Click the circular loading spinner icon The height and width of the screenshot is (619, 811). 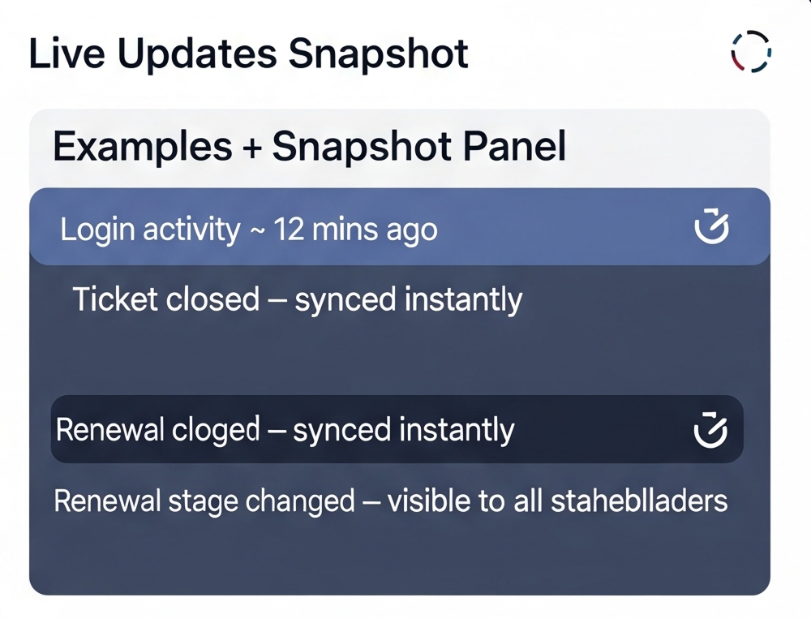coord(752,36)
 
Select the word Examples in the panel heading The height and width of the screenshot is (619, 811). coord(142,148)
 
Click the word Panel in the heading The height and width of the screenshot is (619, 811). coord(514,147)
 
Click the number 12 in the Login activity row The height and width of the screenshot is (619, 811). coord(289,229)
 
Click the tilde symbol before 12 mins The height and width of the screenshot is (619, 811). coord(256,231)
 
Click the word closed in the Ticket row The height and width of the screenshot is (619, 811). coord(212,299)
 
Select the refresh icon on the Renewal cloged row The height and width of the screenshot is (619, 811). coord(710,430)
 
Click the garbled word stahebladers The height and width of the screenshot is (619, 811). coord(639,501)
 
